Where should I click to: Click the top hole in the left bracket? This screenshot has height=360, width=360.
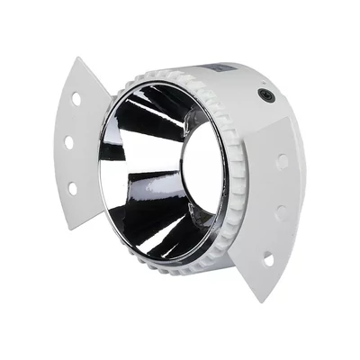[77, 100]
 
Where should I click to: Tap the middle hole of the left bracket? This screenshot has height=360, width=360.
[69, 142]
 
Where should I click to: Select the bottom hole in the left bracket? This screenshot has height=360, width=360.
[73, 187]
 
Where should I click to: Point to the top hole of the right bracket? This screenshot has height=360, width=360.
[283, 162]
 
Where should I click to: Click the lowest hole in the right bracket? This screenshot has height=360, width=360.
[268, 259]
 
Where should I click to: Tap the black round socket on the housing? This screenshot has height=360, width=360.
[265, 94]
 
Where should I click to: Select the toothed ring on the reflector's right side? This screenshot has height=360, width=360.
[237, 180]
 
